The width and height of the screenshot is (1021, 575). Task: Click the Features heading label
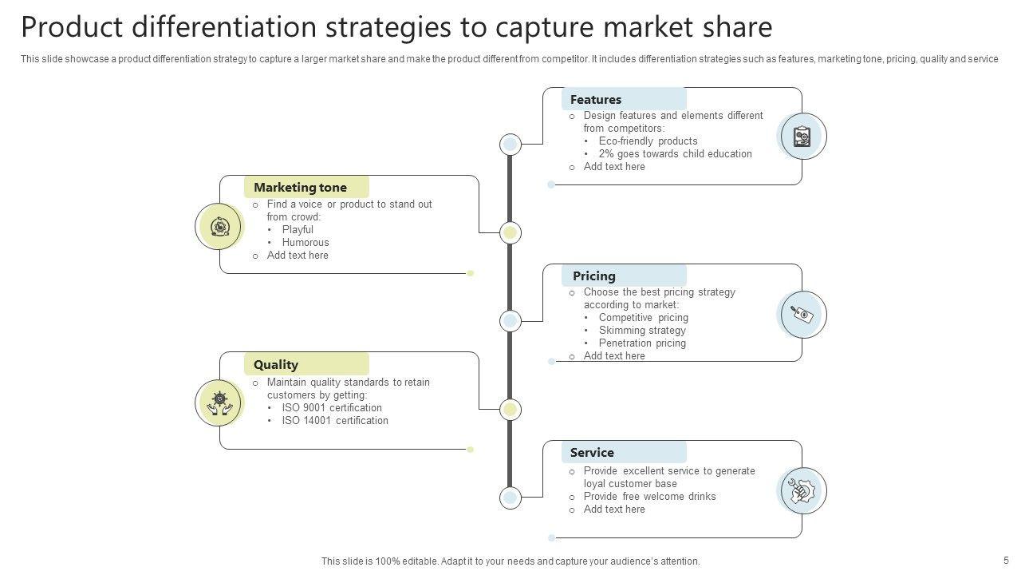coord(596,100)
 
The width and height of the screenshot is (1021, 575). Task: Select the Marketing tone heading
coord(300,188)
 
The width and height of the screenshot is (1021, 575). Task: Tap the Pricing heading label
coord(594,276)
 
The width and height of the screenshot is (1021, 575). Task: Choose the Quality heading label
coord(276,365)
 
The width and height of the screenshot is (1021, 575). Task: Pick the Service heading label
coord(592,453)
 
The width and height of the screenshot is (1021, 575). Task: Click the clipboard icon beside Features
coord(802,137)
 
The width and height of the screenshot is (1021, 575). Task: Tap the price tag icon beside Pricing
coord(802,314)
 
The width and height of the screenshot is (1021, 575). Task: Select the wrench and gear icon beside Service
coord(802,490)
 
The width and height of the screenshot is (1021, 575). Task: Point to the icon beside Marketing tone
coord(219,226)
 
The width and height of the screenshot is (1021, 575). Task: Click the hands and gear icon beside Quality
coord(219,402)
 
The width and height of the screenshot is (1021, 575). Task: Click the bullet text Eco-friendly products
coord(648,141)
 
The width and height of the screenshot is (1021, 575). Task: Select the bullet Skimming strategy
coord(642,331)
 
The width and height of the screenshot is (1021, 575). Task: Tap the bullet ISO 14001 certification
coord(335,421)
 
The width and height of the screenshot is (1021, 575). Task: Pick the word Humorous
coord(306,243)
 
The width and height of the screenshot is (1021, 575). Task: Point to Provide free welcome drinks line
coord(649,497)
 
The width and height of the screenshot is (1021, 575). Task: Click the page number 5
coord(1006,561)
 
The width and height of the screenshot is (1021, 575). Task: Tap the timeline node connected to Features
coord(510,145)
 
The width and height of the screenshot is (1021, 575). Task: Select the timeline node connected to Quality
coord(510,410)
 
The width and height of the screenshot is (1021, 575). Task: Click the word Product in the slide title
coord(70,27)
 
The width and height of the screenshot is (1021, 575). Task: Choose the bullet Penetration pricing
coord(642,343)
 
